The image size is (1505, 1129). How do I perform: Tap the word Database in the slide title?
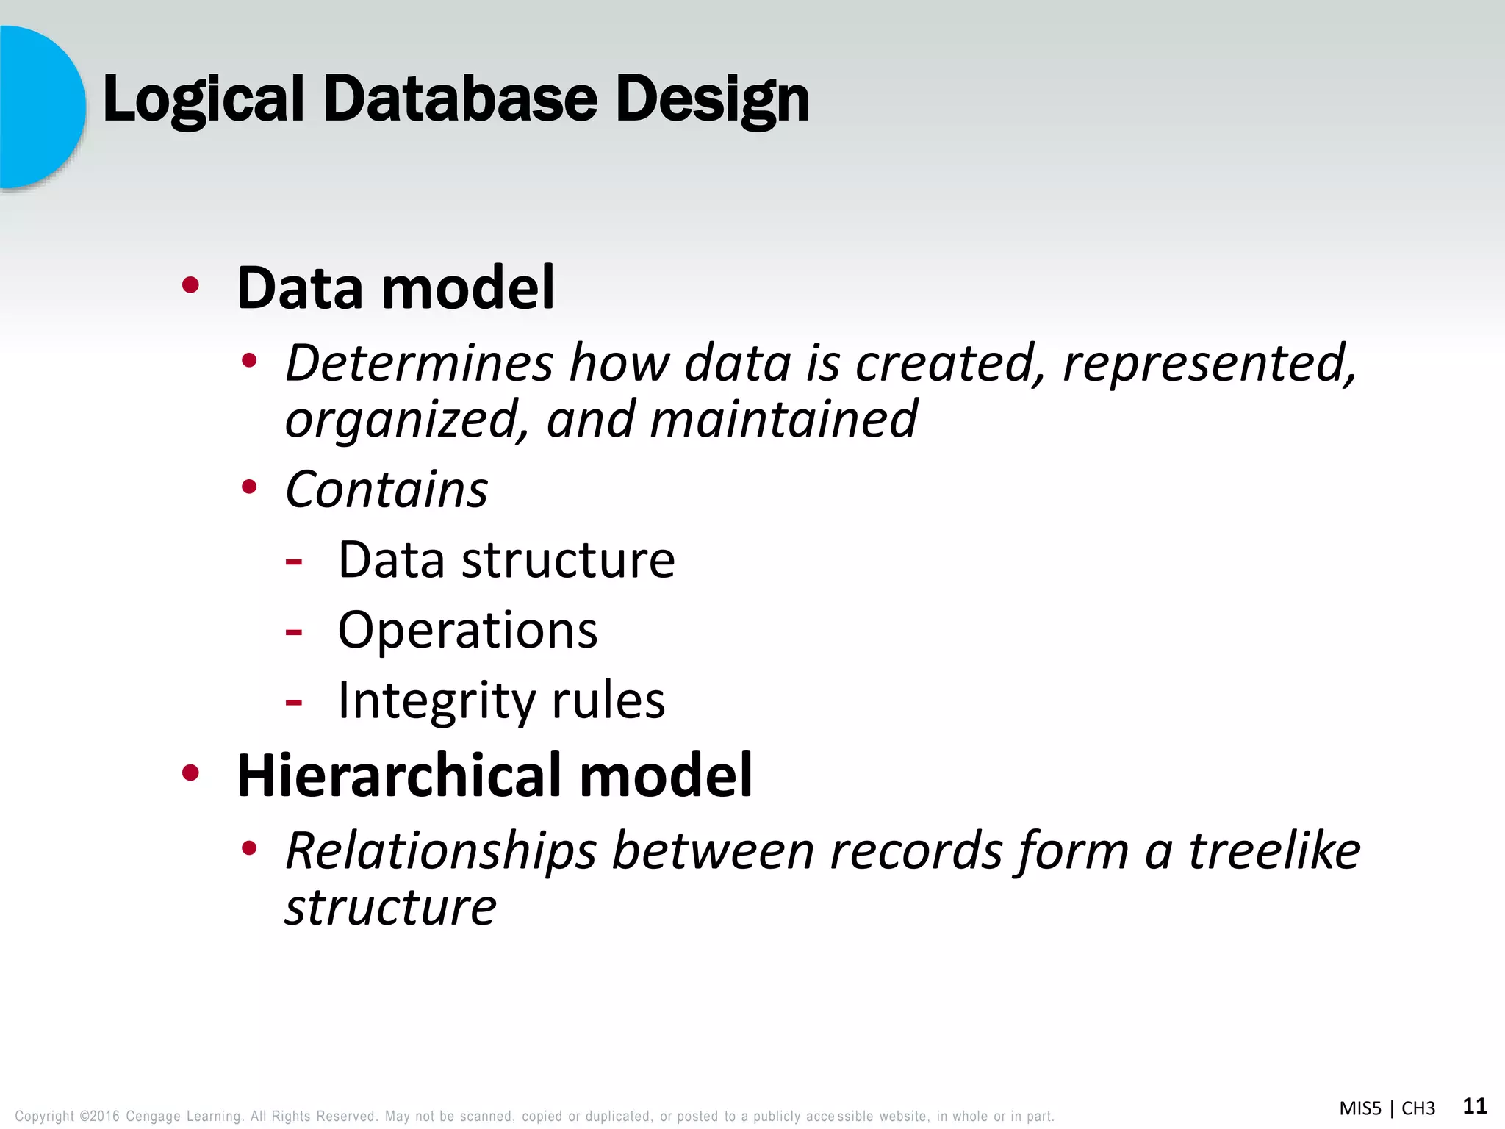click(x=460, y=99)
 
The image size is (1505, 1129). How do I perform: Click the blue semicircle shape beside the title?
click(x=40, y=107)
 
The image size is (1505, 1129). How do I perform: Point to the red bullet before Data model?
click(x=190, y=285)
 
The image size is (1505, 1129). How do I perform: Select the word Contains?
click(x=387, y=490)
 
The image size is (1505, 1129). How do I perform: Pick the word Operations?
click(x=467, y=630)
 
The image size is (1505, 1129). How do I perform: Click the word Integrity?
click(x=437, y=700)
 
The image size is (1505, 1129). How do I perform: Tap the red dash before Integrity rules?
click(x=294, y=703)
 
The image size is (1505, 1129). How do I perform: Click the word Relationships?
click(x=441, y=850)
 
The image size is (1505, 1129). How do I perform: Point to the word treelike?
click(x=1274, y=850)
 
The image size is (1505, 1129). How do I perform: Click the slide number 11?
click(x=1474, y=1106)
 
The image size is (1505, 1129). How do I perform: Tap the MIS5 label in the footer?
click(x=1360, y=1108)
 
